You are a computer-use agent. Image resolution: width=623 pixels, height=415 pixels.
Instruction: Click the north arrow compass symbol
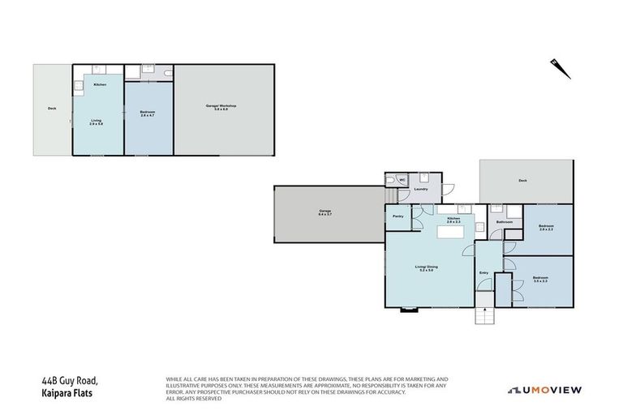tap(560, 67)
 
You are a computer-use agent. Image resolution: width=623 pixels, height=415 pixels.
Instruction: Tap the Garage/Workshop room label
tap(225, 107)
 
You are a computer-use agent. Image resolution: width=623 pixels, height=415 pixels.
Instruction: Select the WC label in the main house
tap(402, 180)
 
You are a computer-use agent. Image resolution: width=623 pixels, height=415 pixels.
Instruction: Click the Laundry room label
tap(420, 190)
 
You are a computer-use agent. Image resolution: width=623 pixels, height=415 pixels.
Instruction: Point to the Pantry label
tap(398, 216)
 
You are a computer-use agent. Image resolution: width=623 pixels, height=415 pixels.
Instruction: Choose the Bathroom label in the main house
tap(504, 221)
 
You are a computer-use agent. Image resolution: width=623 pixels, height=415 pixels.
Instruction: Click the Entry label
tap(484, 274)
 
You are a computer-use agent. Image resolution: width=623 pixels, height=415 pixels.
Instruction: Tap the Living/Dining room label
tap(427, 268)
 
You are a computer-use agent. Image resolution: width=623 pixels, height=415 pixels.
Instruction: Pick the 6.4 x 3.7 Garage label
tap(325, 213)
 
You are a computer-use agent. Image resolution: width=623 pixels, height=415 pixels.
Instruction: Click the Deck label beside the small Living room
tap(52, 109)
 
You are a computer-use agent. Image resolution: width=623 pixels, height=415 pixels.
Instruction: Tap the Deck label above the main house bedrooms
tap(522, 182)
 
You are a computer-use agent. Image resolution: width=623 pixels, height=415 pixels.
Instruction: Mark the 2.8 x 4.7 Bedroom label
tap(148, 113)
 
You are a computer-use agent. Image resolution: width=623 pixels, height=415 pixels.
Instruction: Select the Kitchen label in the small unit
tap(100, 85)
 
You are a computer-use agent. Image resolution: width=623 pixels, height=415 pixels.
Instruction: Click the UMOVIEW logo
tap(546, 390)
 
